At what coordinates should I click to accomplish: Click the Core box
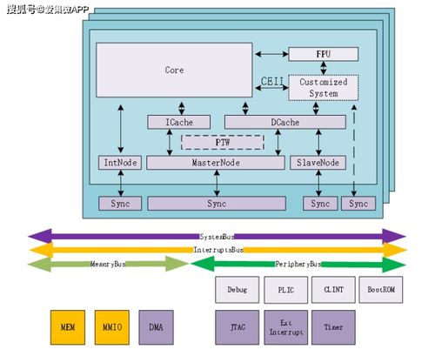(x=175, y=70)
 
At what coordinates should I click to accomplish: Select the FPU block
(x=323, y=54)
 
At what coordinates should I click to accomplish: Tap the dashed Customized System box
(x=323, y=88)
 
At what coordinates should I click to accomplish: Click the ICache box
(x=181, y=123)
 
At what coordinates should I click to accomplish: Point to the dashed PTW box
(x=221, y=142)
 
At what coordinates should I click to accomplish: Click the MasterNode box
(x=216, y=163)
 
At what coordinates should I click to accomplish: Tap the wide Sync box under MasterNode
(x=216, y=203)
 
